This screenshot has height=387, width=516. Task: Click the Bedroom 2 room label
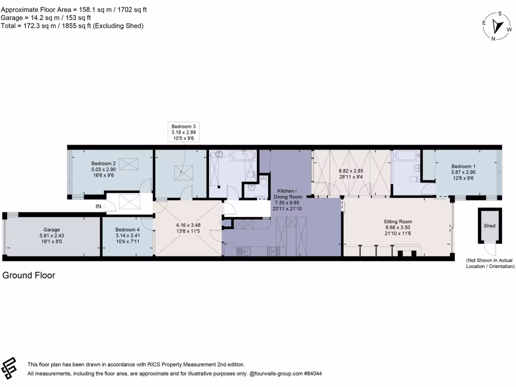[x=103, y=163]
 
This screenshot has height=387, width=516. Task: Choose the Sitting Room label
[x=398, y=221]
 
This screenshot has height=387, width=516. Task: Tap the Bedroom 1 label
[x=463, y=166]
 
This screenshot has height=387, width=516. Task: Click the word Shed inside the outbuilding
[x=489, y=226]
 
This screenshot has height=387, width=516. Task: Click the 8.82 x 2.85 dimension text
[x=351, y=171]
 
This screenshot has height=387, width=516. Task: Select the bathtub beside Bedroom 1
[x=405, y=157]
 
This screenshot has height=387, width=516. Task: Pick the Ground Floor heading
[x=29, y=276]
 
